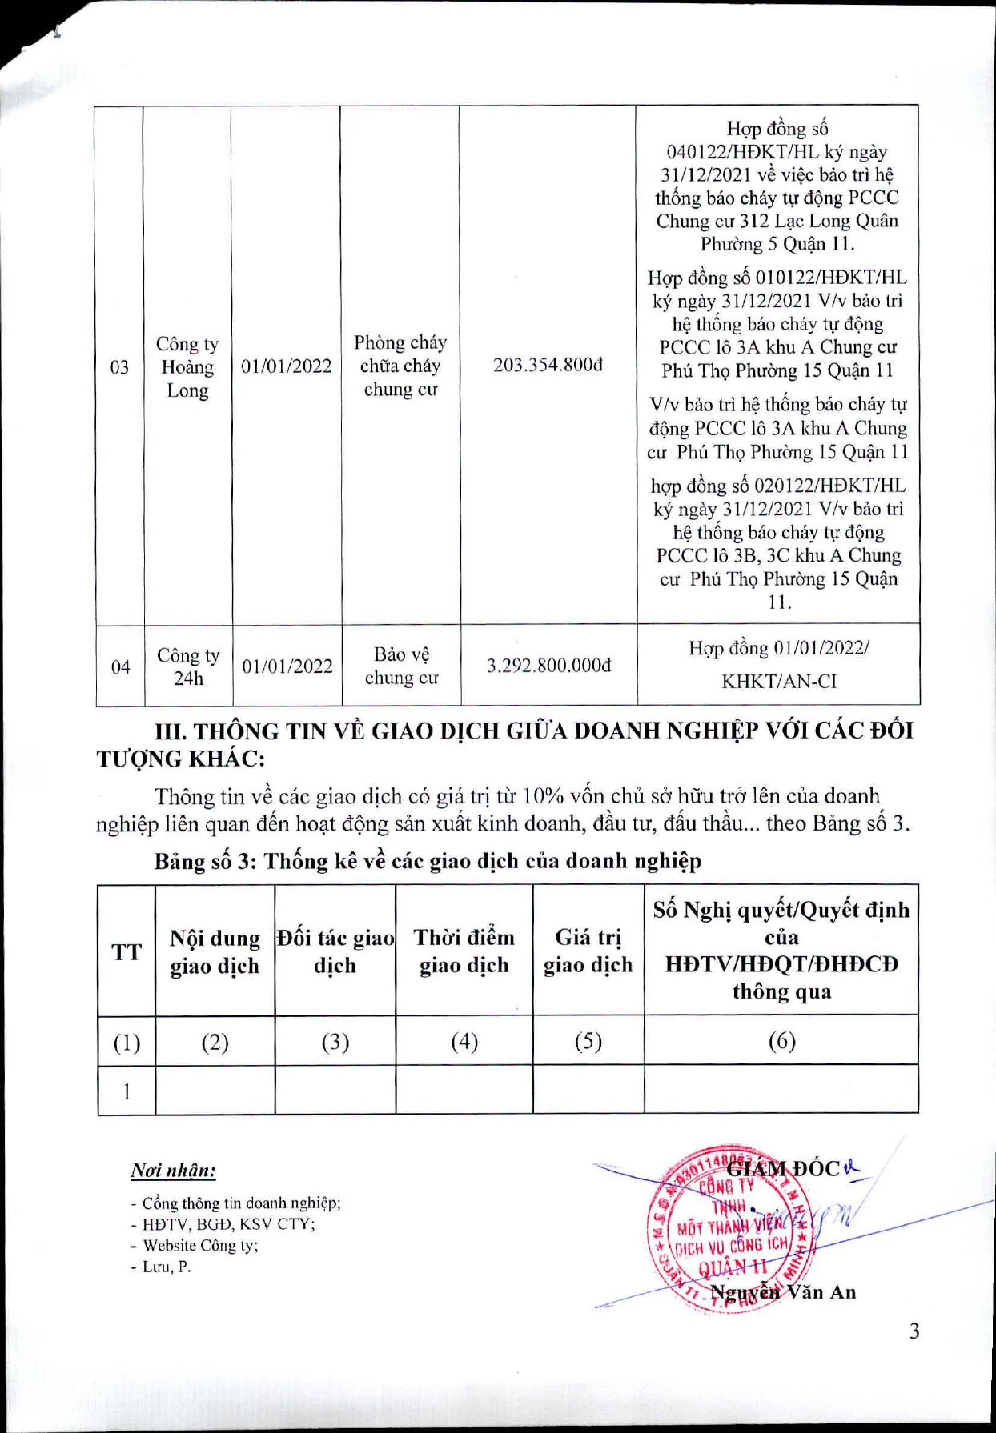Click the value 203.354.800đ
548,366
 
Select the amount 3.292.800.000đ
548,666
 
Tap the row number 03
119,367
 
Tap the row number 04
120,666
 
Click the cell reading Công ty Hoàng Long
187,367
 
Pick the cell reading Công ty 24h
188,666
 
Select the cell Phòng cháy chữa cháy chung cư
400,366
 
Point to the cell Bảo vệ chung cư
401,666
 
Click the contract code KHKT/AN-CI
778,682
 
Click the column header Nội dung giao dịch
215,952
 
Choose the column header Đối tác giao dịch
335,951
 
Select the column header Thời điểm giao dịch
464,951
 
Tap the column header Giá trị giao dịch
588,951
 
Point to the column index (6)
781,1041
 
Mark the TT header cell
127,952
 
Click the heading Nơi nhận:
173,1171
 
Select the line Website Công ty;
200,1246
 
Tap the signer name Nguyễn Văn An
784,1292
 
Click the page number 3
914,1331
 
